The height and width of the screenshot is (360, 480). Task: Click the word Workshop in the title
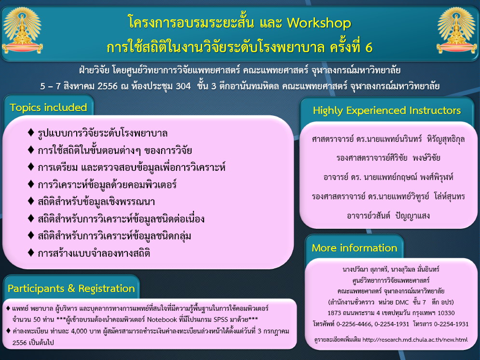(319, 23)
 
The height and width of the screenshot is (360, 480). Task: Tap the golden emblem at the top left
(22, 30)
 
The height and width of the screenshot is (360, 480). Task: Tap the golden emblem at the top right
(457, 30)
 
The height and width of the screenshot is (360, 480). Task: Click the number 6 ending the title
(369, 47)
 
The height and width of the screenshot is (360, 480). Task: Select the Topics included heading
(48, 108)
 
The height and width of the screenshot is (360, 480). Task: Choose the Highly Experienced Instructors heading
(386, 111)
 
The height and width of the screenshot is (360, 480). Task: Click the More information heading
(354, 248)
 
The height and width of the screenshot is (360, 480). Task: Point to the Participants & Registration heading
(71, 289)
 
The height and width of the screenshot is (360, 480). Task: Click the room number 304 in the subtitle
(183, 86)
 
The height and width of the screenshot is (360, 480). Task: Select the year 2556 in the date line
(107, 86)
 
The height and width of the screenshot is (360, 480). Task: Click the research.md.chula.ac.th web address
(415, 339)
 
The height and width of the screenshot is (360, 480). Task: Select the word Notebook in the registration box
(162, 319)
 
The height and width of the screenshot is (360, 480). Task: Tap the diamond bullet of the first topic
(30, 132)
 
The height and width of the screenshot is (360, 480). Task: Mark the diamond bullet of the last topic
(30, 252)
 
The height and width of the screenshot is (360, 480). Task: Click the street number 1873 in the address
(333, 313)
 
